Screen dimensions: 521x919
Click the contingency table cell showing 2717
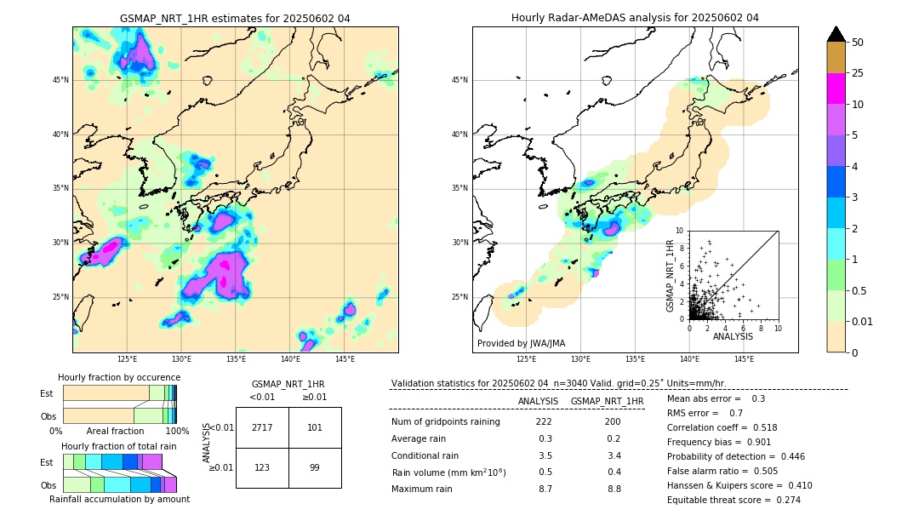tap(262, 427)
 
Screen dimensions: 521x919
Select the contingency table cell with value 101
tap(315, 427)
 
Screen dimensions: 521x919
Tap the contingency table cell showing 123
tap(262, 467)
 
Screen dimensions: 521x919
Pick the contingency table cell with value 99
tap(315, 467)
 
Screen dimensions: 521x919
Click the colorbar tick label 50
tap(858, 43)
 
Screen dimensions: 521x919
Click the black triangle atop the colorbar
tap(836, 34)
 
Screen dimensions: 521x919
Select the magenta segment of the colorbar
tap(836, 89)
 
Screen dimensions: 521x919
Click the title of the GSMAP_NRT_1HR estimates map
tap(235, 18)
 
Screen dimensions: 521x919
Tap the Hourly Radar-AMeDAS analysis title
tap(635, 18)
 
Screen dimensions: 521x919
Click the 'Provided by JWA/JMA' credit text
tap(521, 343)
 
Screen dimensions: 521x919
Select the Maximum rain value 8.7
tap(545, 489)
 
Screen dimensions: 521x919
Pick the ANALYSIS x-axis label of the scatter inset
tap(733, 337)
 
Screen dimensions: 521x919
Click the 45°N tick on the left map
tap(60, 80)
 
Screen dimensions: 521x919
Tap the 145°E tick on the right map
tap(744, 360)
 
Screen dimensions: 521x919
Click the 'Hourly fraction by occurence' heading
tap(119, 377)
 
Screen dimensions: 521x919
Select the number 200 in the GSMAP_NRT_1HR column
tap(613, 422)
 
